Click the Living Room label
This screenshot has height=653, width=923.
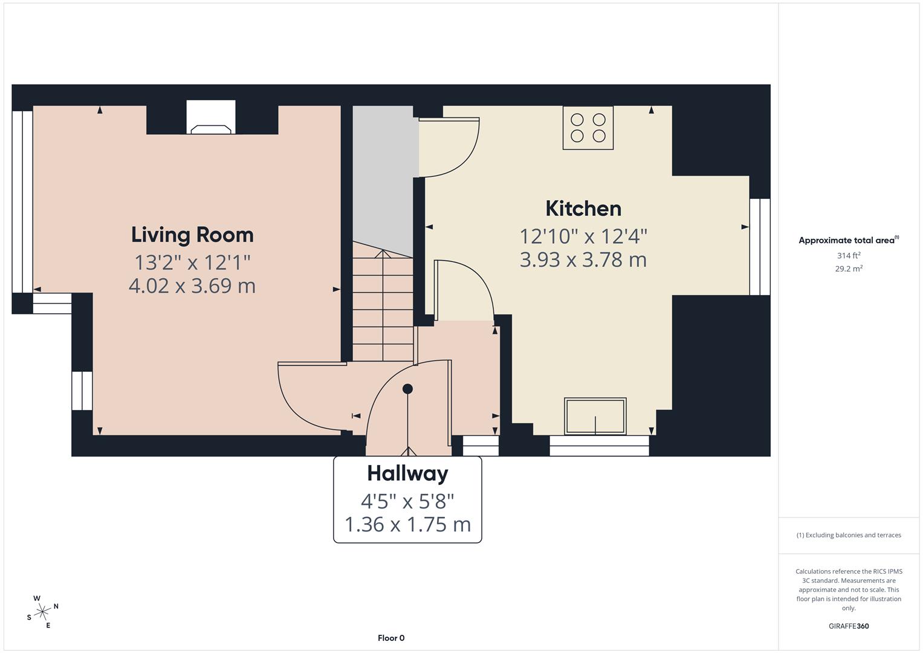[x=192, y=235]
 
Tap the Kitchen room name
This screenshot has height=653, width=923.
[x=583, y=209]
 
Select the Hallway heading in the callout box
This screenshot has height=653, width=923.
[x=407, y=473]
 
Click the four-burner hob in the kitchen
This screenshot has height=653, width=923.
[x=588, y=128]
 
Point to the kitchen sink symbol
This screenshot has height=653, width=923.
[x=595, y=416]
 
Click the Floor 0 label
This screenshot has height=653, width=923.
[x=391, y=638]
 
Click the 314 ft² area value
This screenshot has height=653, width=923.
[x=849, y=256]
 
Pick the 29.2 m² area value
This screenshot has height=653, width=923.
[x=849, y=269]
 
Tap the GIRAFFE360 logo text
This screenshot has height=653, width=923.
[x=849, y=626]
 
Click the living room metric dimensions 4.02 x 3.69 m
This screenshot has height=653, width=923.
[x=192, y=285]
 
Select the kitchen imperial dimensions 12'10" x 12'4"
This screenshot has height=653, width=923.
[x=583, y=235]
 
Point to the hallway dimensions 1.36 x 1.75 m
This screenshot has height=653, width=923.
[x=407, y=524]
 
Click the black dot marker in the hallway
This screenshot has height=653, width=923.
[x=407, y=389]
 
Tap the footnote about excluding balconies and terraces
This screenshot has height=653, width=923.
[x=849, y=535]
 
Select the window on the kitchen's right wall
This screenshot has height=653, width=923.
[x=760, y=247]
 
